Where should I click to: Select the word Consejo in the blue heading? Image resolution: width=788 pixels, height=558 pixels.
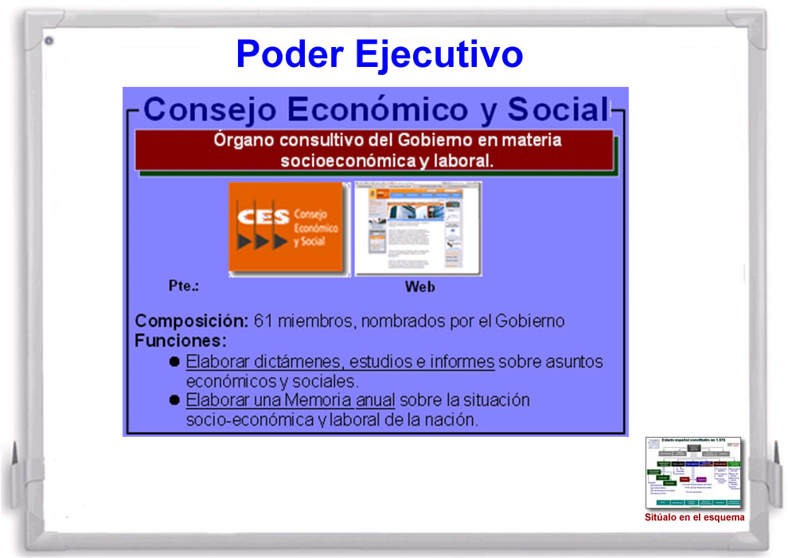click(x=208, y=109)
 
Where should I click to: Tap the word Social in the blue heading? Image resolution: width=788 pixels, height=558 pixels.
click(x=557, y=109)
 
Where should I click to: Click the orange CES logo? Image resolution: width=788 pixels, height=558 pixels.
click(x=289, y=229)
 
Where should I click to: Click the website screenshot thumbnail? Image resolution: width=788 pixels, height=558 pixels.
click(x=418, y=229)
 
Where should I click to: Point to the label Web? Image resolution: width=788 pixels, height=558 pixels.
click(x=419, y=287)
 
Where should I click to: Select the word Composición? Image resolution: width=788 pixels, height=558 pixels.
click(x=192, y=321)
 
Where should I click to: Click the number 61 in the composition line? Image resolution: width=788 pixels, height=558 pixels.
click(x=263, y=321)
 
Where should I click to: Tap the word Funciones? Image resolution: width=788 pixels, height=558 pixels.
click(x=181, y=341)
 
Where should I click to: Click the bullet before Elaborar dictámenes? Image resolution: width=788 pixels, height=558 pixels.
click(x=174, y=362)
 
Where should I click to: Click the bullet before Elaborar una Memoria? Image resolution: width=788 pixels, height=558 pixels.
click(x=174, y=399)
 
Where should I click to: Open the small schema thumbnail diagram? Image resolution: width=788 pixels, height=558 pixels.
click(x=693, y=472)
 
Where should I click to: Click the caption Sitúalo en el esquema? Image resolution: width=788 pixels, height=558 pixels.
click(x=695, y=517)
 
